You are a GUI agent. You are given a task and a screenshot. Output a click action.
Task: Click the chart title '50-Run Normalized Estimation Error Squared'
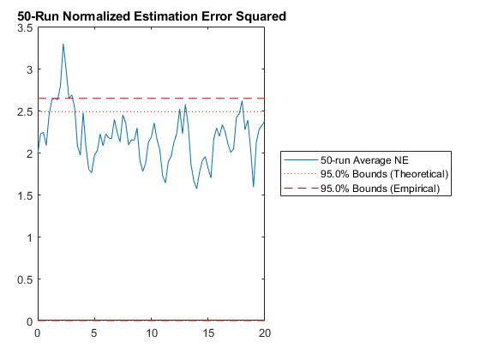tap(152, 16)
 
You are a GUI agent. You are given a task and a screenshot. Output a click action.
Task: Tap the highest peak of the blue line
tap(63, 44)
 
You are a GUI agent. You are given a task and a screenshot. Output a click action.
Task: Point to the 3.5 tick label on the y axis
tap(25, 27)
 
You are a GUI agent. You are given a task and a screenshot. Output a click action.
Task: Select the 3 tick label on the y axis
tap(29, 69)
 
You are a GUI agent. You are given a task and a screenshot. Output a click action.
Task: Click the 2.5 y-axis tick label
tap(25, 111)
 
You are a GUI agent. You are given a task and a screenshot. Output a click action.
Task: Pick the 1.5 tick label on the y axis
tap(25, 195)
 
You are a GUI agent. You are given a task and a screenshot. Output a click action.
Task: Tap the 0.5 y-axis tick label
tap(25, 279)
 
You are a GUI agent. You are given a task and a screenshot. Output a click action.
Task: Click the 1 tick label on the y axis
tap(30, 237)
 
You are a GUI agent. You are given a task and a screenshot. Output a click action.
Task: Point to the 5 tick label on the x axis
tap(94, 333)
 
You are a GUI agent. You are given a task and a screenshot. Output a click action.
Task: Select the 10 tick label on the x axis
tap(151, 333)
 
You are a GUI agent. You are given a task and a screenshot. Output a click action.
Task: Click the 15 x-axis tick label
tap(208, 333)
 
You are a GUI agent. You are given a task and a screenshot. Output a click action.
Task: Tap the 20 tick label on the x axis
tap(265, 333)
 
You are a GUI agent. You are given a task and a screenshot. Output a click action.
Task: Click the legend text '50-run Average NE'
tap(364, 160)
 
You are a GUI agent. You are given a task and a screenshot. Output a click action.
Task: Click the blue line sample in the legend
tap(301, 159)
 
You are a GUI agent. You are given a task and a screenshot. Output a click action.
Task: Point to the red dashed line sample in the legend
tap(301, 188)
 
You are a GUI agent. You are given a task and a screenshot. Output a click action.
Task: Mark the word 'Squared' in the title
tap(261, 16)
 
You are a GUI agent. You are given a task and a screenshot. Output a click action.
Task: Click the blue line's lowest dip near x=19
tap(254, 187)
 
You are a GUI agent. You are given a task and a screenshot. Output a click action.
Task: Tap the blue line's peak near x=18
tap(242, 101)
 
